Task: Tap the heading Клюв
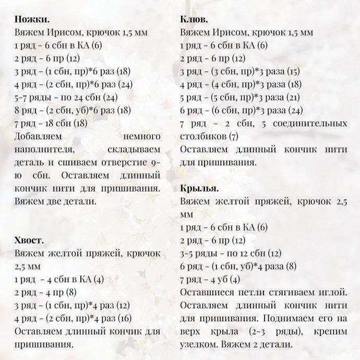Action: click(194, 19)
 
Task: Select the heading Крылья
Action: click(199, 188)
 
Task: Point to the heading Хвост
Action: click(30, 240)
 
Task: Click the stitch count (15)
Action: click(294, 71)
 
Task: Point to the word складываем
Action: click(133, 150)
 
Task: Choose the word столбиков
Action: click(202, 137)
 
